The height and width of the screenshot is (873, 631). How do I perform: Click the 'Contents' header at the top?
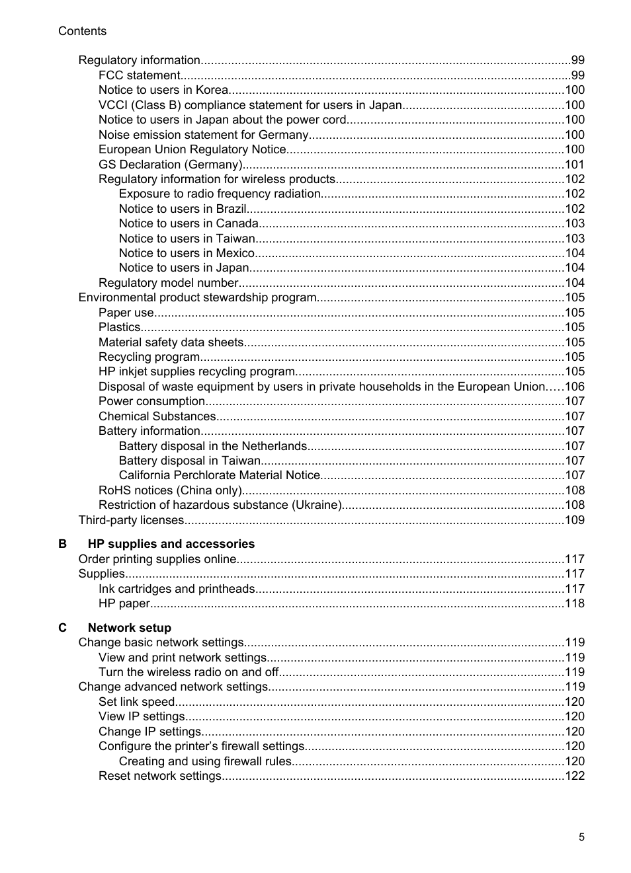point(82,31)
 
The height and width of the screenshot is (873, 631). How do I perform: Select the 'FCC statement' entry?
point(139,75)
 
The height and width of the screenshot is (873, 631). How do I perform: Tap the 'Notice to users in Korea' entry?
point(163,90)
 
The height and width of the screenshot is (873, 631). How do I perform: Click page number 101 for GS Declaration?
point(574,165)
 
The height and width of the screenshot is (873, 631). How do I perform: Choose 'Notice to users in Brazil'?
point(183,209)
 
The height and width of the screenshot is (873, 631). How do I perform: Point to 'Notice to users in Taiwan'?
point(187,239)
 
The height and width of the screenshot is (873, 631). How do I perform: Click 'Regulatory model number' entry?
point(168,283)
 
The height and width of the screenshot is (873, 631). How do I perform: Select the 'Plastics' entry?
point(119,327)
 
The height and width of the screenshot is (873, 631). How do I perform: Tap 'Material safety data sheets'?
point(171,342)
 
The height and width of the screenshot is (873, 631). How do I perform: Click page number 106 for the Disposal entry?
point(574,387)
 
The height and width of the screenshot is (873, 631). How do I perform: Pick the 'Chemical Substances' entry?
point(157,416)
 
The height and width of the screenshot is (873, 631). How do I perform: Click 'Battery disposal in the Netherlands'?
point(212,446)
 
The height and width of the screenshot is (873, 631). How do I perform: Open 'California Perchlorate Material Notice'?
point(219,475)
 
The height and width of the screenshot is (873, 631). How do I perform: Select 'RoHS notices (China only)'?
point(170,490)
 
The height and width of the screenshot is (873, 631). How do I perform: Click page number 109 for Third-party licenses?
point(574,520)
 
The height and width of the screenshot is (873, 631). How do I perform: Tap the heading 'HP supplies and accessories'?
point(171,544)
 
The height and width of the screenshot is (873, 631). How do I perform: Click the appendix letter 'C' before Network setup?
point(62,628)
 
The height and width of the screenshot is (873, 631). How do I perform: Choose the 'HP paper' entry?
point(124,603)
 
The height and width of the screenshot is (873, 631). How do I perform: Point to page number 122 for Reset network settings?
point(574,776)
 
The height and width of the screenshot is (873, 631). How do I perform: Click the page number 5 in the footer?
point(581,837)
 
